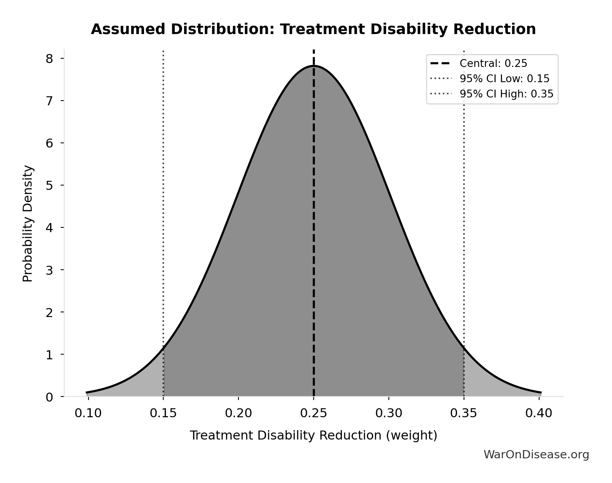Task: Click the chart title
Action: (x=313, y=29)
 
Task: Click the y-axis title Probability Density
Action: (x=28, y=223)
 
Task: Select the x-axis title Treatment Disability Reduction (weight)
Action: (x=313, y=435)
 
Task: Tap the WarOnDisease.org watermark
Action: (x=536, y=454)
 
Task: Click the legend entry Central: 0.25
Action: (x=493, y=63)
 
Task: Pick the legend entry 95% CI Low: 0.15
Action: (x=504, y=79)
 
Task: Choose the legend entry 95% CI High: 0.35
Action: (x=506, y=94)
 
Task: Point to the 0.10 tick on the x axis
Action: (x=88, y=413)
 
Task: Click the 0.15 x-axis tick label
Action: (x=163, y=413)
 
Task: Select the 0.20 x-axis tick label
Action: (x=238, y=413)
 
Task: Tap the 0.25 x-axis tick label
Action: (x=314, y=413)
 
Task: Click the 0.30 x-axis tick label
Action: (x=389, y=413)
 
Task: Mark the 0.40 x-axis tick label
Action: (x=539, y=413)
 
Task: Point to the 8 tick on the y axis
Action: (x=49, y=58)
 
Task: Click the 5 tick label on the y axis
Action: (x=49, y=185)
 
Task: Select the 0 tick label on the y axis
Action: (x=49, y=397)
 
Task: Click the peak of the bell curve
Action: (x=314, y=66)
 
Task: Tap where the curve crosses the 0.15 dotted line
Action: (x=163, y=347)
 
